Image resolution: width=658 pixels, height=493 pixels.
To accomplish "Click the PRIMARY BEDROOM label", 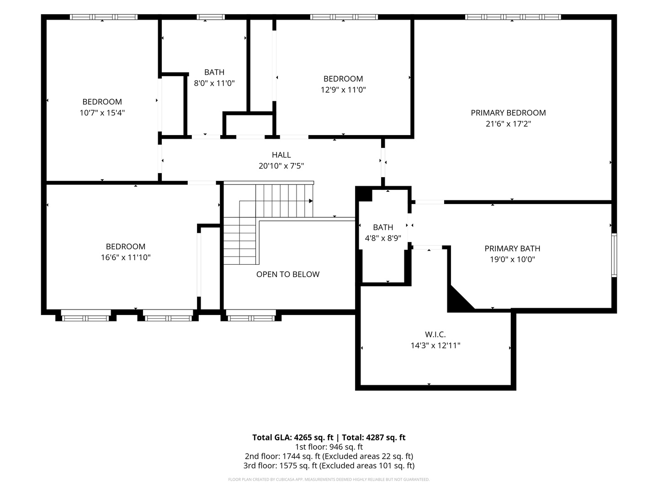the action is [x=508, y=113].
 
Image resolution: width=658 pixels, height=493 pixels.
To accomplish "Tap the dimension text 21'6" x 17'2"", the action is [x=508, y=124].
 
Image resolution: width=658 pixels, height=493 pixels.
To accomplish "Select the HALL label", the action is [x=281, y=155].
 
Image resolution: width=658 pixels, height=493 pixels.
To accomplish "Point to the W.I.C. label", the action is [x=435, y=334].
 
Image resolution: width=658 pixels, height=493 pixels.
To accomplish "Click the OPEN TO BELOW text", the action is [x=288, y=274].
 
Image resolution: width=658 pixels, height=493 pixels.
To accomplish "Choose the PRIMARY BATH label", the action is [x=512, y=248].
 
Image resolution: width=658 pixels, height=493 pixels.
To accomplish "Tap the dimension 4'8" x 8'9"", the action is [x=383, y=238].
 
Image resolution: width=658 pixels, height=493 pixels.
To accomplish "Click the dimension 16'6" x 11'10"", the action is [x=126, y=257].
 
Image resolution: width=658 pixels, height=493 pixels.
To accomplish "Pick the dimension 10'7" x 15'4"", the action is [x=102, y=113].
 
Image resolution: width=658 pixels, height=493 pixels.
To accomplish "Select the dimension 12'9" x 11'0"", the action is [x=343, y=90].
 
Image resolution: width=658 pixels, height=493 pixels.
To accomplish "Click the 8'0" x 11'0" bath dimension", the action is [x=214, y=83].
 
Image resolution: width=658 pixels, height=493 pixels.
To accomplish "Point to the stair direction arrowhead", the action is [x=311, y=201].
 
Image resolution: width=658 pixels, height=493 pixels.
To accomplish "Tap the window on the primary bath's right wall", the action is [x=614, y=255].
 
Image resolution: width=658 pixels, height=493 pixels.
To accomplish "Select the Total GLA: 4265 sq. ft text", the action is [x=292, y=438].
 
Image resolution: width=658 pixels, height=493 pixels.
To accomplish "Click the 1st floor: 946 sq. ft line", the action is [x=329, y=447].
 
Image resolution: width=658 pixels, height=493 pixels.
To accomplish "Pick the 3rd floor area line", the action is [x=329, y=466].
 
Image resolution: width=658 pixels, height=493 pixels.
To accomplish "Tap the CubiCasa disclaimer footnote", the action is [x=329, y=479].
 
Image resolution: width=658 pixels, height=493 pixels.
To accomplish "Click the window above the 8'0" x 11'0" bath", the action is [x=211, y=17].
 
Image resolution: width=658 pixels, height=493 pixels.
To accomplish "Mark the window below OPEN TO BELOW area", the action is [x=251, y=316].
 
